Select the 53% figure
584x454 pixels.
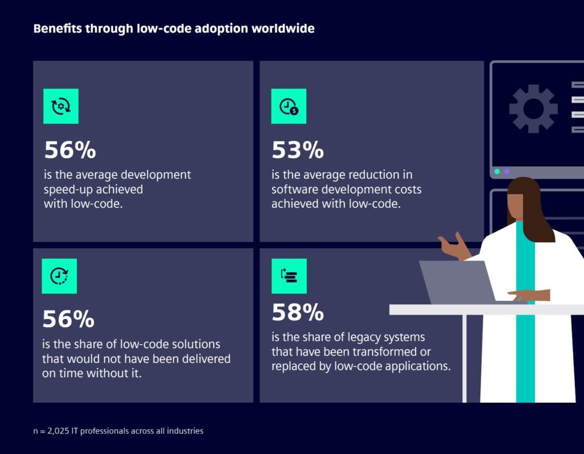[297, 150]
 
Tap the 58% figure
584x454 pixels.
[297, 312]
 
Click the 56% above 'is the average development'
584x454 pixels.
[70, 150]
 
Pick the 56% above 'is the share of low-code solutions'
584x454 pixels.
[68, 319]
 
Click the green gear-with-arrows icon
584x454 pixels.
[61, 107]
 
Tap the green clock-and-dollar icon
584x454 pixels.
[289, 107]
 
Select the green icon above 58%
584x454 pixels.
[289, 276]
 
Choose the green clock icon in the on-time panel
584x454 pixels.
[59, 276]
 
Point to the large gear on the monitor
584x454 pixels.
[533, 109]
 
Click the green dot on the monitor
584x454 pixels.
[497, 171]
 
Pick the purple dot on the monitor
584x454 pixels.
[507, 171]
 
